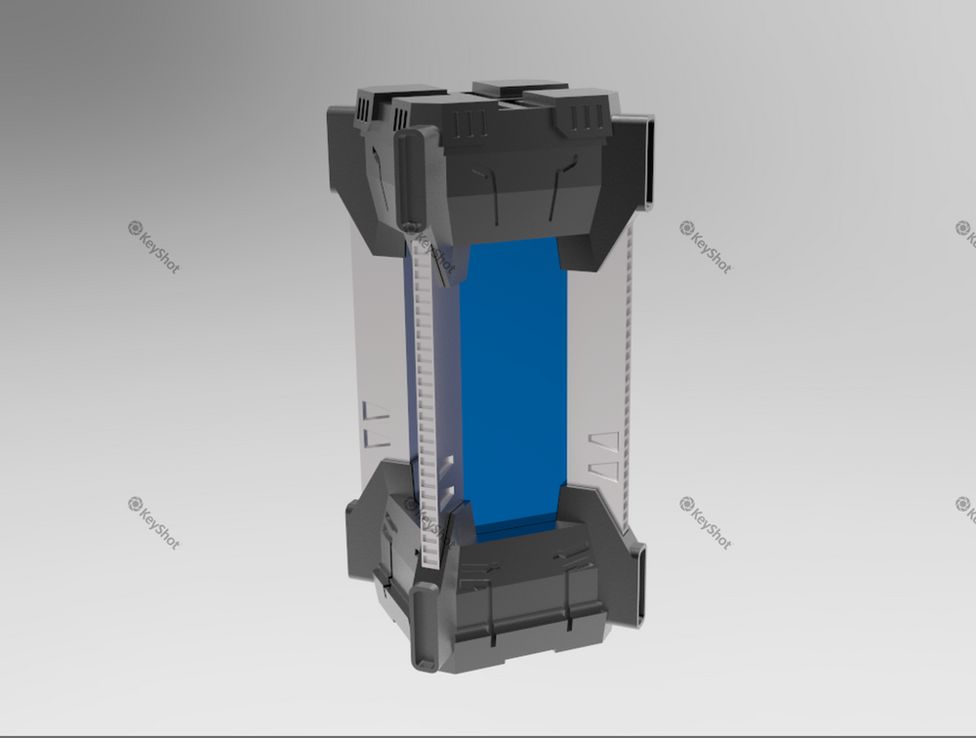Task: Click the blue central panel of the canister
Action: [512, 381]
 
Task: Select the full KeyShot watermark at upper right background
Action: [706, 247]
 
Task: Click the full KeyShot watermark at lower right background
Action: [706, 522]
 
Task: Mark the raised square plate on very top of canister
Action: [519, 88]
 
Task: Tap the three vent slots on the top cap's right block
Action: [587, 118]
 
